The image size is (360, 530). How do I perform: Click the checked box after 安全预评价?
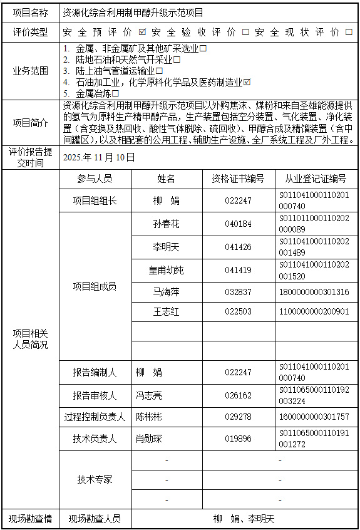[143, 32]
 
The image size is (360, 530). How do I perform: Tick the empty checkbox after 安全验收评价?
[245, 32]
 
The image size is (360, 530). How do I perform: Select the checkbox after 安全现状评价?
[349, 32]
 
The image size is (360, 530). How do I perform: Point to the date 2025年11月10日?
[99, 157]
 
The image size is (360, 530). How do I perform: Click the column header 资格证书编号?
[239, 179]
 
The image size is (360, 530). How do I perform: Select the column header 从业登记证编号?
[316, 179]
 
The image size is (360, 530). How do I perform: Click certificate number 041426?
[239, 247]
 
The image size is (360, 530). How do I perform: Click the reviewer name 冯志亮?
[149, 395]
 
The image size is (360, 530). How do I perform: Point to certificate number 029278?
[239, 417]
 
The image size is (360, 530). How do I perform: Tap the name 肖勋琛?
[149, 439]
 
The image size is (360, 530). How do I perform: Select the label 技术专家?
[95, 479]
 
